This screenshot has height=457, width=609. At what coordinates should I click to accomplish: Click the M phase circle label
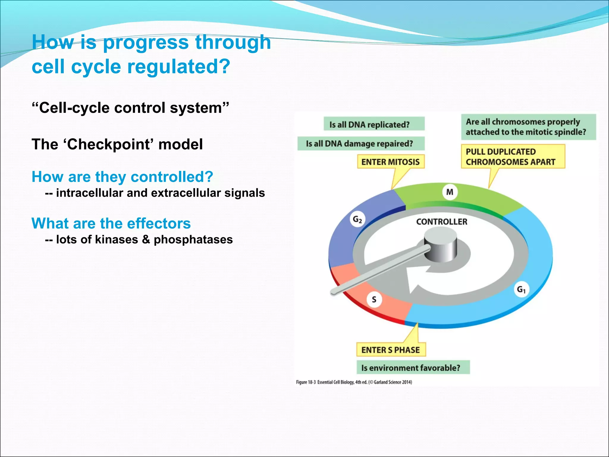pos(450,192)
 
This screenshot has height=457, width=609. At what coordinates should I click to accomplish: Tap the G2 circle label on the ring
pos(357,220)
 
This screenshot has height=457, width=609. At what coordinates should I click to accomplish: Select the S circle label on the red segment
pos(374,299)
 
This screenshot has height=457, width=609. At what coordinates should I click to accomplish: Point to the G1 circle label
pos(521,289)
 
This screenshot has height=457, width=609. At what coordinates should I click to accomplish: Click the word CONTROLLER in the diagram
pos(442,222)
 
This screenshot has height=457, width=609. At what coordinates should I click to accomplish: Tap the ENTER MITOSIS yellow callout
pos(390,162)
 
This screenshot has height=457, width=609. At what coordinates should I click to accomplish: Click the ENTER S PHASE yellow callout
pos(391,350)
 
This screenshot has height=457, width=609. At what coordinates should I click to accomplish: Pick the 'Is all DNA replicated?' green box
pos(374,124)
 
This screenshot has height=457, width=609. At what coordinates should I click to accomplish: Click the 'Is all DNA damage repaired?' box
pos(360,144)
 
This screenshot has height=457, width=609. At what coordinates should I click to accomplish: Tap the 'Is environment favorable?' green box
pos(413,368)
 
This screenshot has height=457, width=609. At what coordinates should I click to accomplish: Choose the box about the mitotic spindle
pos(528,127)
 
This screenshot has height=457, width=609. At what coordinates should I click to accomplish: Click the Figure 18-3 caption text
pos(354,382)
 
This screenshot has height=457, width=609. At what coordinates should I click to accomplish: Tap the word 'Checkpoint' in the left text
pos(109,145)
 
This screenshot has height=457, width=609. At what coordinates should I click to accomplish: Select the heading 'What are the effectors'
pos(111,223)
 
